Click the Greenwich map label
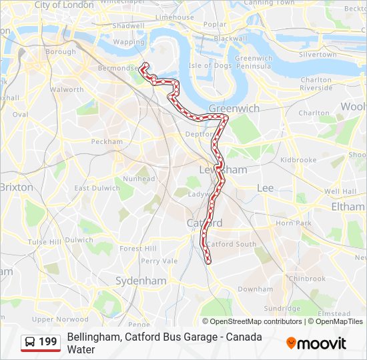click(234, 108)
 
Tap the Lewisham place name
click(223, 170)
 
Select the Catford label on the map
click(204, 222)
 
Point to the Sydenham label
click(140, 281)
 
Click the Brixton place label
click(16, 187)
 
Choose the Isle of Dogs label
click(209, 65)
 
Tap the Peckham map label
click(107, 142)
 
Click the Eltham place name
click(348, 207)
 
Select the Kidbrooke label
click(298, 160)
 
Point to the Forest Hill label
click(137, 249)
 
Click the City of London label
click(64, 5)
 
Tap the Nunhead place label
click(139, 179)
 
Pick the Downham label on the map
click(256, 289)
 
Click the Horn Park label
click(294, 223)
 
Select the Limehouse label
click(174, 17)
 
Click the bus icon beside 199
click(31, 343)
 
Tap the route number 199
click(48, 343)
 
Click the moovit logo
click(316, 343)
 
